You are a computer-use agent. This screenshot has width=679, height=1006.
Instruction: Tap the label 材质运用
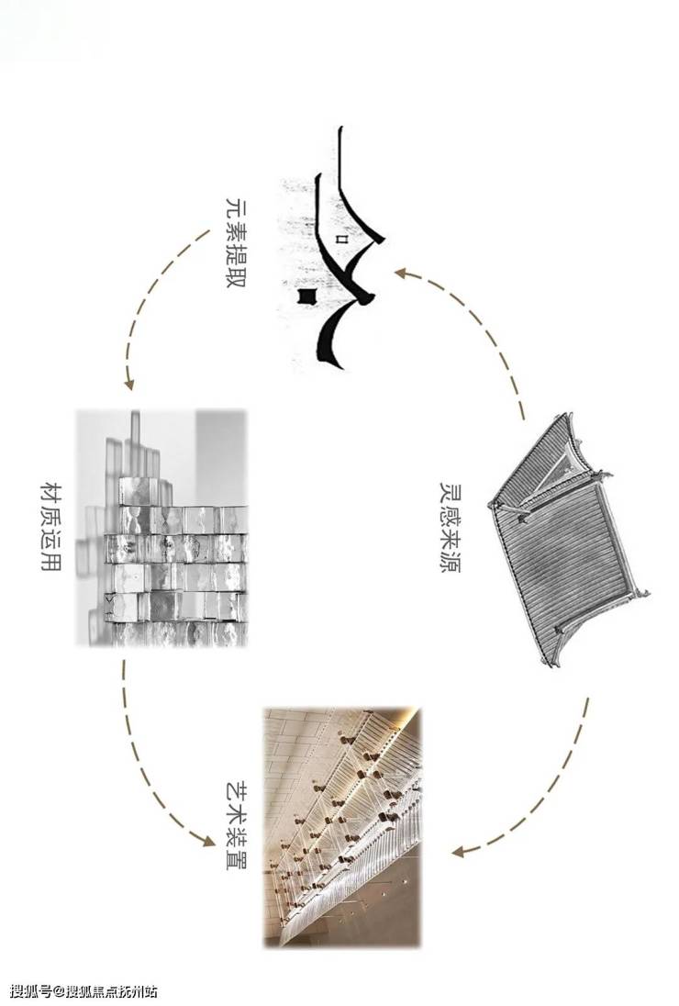pyautogui.click(x=50, y=526)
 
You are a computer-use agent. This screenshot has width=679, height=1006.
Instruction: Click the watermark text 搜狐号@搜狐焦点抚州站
pyautogui.click(x=83, y=992)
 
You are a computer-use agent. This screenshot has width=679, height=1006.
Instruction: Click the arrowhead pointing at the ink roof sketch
pyautogui.click(x=401, y=274)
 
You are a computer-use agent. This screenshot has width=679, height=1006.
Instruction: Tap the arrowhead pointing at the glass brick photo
pyautogui.click(x=128, y=384)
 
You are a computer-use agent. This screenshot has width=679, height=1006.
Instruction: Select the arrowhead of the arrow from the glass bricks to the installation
pyautogui.click(x=206, y=839)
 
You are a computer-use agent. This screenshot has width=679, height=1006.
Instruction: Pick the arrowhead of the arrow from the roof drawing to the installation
pyautogui.click(x=458, y=852)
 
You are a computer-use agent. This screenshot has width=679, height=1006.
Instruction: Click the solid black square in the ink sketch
pyautogui.click(x=307, y=296)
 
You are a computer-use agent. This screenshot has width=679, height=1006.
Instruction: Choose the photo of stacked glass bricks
pyautogui.click(x=161, y=528)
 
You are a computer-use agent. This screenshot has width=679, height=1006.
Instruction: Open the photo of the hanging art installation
pyautogui.click(x=343, y=828)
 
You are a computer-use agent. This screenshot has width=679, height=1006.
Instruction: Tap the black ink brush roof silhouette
pyautogui.click(x=344, y=247)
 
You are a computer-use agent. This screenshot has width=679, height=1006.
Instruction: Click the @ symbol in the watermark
pyautogui.click(x=61, y=992)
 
